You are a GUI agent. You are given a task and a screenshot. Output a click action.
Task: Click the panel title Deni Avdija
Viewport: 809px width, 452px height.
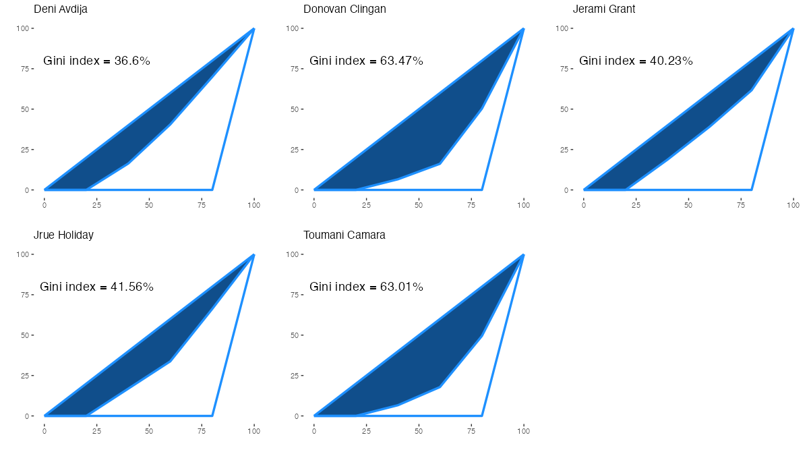coord(61,9)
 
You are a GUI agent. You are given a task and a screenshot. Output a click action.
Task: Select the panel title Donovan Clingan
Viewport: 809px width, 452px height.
coord(344,9)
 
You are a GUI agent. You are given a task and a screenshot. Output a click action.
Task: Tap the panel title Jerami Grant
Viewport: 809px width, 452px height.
coord(604,9)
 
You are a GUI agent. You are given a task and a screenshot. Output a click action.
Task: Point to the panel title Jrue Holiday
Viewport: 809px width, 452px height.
coord(63,235)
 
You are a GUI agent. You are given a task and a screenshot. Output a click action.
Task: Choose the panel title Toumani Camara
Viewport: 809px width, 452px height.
coord(344,235)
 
